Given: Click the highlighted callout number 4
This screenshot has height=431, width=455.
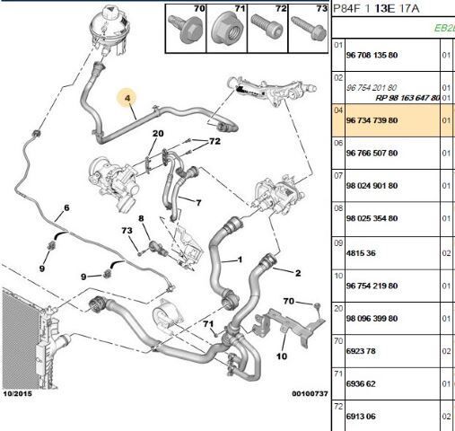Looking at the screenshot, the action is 127,98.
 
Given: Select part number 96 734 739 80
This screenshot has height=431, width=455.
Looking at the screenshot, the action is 372,120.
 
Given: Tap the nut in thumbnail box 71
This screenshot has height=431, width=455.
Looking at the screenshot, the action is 225,31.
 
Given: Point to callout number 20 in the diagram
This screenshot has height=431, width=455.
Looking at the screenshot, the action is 158,133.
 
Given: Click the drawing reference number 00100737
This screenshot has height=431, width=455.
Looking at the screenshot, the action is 310,393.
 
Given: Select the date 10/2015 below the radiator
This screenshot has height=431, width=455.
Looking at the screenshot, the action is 17,393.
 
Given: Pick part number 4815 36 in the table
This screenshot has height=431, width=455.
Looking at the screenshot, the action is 361,253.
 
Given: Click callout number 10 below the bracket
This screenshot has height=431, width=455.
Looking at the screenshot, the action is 282,356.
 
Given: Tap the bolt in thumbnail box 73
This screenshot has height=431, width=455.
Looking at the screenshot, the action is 309,29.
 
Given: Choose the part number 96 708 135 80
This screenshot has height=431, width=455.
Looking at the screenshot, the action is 372,55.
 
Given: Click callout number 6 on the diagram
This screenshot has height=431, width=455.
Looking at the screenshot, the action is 66,207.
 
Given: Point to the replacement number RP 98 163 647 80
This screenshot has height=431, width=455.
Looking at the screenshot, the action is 407,98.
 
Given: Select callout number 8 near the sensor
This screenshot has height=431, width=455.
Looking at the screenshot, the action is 141,218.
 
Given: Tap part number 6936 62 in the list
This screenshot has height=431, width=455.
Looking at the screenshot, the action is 361,383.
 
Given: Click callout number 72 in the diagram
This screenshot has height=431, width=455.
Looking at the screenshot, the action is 214,141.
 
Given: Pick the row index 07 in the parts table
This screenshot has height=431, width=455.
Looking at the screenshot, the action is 338,175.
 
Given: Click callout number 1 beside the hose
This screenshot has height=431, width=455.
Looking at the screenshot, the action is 240,259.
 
